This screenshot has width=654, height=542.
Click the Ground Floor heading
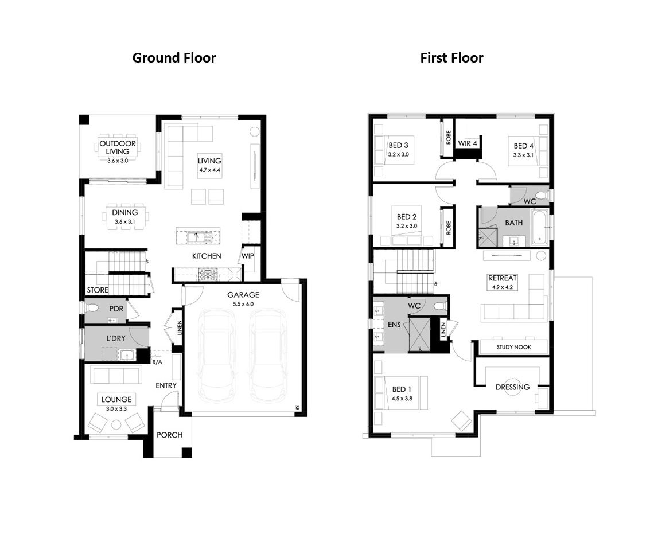click(174, 57)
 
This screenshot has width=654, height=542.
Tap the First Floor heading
click(451, 57)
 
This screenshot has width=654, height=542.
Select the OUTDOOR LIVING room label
click(118, 147)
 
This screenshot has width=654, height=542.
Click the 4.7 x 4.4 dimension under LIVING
click(209, 170)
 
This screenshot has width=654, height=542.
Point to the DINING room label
click(124, 213)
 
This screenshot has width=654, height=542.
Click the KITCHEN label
click(207, 256)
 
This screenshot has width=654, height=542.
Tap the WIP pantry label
click(248, 256)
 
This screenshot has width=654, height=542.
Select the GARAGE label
click(243, 295)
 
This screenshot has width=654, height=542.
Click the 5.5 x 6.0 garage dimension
click(243, 304)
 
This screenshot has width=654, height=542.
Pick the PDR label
click(116, 309)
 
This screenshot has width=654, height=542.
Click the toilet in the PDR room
click(92, 308)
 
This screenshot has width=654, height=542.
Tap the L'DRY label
click(115, 338)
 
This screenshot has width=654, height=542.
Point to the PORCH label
click(169, 435)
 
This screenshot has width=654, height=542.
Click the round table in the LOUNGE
click(116, 425)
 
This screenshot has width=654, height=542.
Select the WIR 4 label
click(467, 143)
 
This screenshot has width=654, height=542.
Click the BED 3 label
click(398, 145)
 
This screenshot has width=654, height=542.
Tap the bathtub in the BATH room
click(539, 227)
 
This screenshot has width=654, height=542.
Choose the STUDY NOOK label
click(514, 348)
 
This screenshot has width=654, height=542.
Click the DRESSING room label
click(513, 387)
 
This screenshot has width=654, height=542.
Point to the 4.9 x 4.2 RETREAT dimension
click(502, 287)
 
